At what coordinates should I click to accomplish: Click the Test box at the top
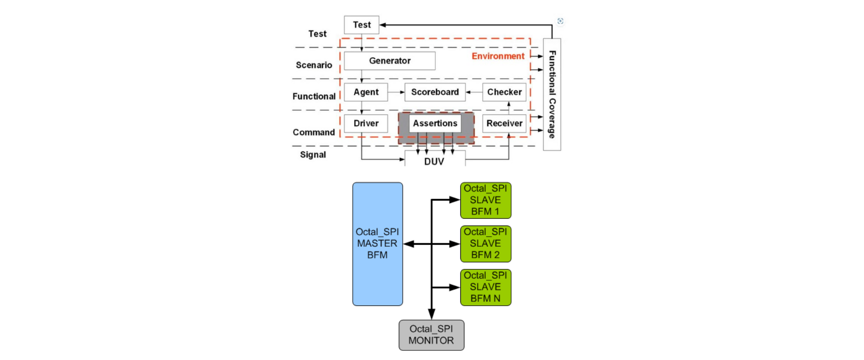click(361, 25)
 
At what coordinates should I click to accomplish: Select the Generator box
click(389, 61)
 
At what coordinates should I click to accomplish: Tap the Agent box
click(366, 92)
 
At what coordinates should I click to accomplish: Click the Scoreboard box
click(434, 92)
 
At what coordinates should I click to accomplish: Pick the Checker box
click(504, 92)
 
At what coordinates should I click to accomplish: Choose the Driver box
click(366, 123)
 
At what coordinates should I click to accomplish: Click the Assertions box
click(435, 123)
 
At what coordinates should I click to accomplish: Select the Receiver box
click(504, 123)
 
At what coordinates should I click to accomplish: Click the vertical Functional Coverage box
click(552, 95)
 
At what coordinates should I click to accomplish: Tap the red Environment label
click(498, 56)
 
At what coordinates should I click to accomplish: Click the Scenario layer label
click(314, 65)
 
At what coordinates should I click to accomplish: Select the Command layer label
click(314, 132)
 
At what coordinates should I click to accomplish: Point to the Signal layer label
click(313, 155)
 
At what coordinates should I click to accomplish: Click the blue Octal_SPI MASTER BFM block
click(377, 244)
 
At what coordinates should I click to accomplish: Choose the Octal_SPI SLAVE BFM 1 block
click(485, 200)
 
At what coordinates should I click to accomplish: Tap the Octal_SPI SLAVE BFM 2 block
click(485, 244)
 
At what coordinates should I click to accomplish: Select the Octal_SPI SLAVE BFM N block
click(485, 287)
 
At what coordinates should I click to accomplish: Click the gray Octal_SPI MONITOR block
click(431, 335)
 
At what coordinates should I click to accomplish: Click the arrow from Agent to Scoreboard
click(396, 92)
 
